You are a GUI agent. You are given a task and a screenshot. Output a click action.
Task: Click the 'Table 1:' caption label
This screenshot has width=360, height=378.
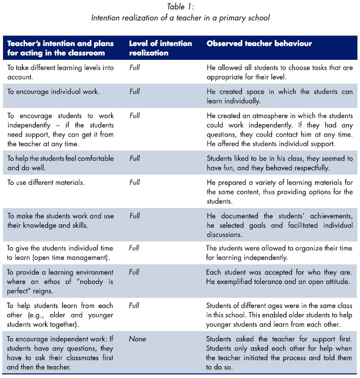pos(180,7)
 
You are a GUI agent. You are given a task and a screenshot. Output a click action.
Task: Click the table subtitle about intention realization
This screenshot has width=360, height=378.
pos(180,18)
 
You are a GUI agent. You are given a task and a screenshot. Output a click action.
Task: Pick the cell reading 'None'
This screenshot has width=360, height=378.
pos(137,339)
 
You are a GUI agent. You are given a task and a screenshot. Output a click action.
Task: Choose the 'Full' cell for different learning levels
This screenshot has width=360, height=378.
pos(134,66)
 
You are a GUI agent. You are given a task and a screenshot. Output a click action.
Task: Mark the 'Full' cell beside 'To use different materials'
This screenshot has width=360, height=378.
pos(134,182)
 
